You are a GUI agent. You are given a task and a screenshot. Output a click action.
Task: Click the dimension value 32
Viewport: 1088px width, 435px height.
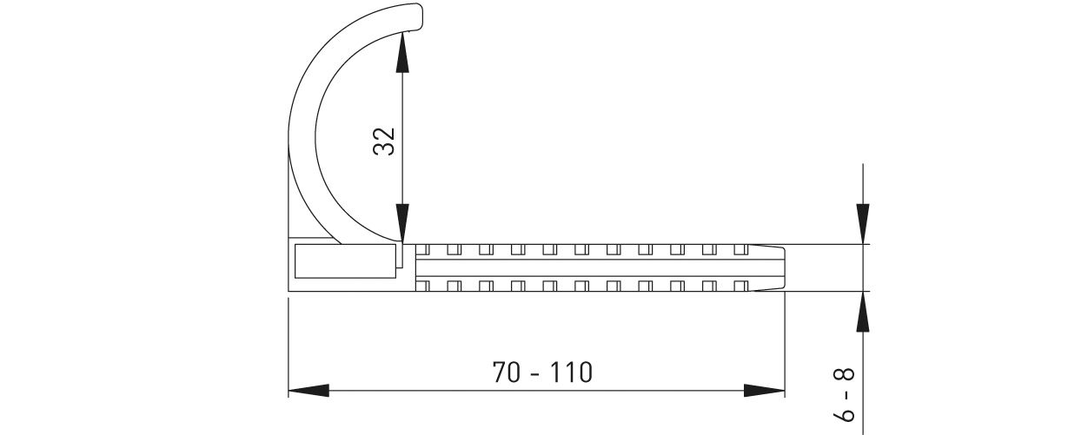pyautogui.click(x=384, y=140)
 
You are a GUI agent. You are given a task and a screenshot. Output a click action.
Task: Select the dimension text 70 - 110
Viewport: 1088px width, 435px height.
pyautogui.click(x=542, y=373)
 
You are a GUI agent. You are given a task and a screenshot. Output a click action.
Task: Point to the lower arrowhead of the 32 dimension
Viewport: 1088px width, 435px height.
pyautogui.click(x=402, y=221)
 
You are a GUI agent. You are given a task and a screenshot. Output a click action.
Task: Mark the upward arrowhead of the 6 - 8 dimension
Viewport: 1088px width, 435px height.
pyautogui.click(x=862, y=313)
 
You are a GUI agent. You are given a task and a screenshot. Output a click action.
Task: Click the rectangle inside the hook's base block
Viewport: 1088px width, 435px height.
pyautogui.click(x=345, y=260)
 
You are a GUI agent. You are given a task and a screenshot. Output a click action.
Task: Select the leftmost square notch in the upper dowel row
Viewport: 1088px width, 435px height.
pyautogui.click(x=422, y=250)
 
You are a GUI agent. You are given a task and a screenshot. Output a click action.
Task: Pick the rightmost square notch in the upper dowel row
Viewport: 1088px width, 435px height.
pyautogui.click(x=740, y=250)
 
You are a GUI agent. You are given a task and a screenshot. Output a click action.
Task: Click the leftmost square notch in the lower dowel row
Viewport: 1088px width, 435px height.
pyautogui.click(x=422, y=285)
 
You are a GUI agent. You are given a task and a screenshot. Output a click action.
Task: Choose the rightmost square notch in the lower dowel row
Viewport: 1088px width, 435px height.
pyautogui.click(x=740, y=285)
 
